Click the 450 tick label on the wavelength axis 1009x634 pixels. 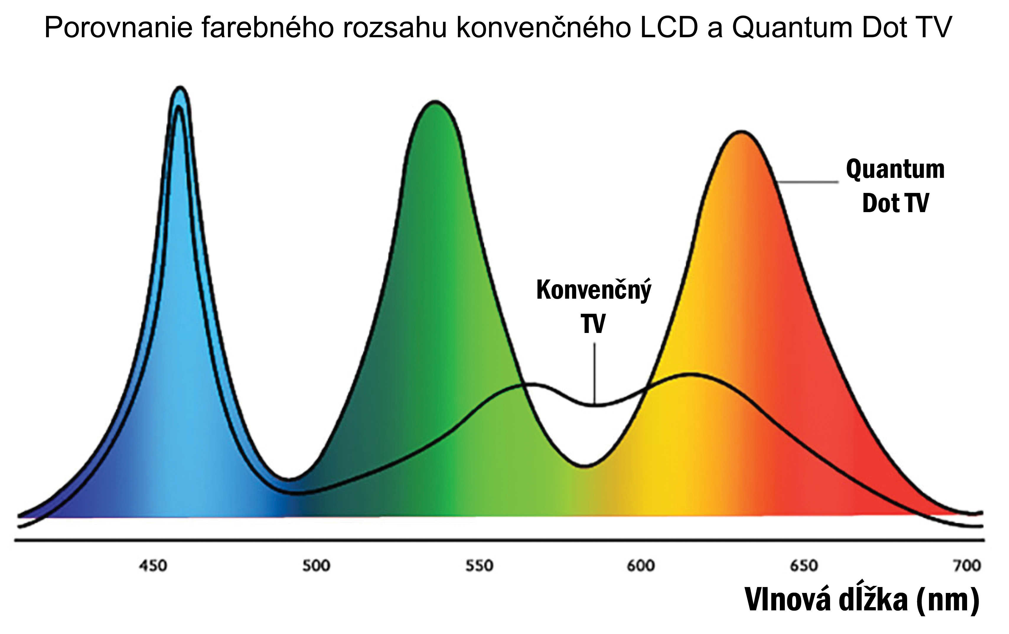point(153,566)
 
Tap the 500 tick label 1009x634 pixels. point(316,566)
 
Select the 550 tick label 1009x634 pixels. point(479,566)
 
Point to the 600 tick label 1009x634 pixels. point(641,566)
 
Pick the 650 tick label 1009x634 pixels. point(804,566)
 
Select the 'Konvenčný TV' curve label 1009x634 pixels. point(594,306)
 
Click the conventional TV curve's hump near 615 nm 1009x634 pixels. point(689,374)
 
